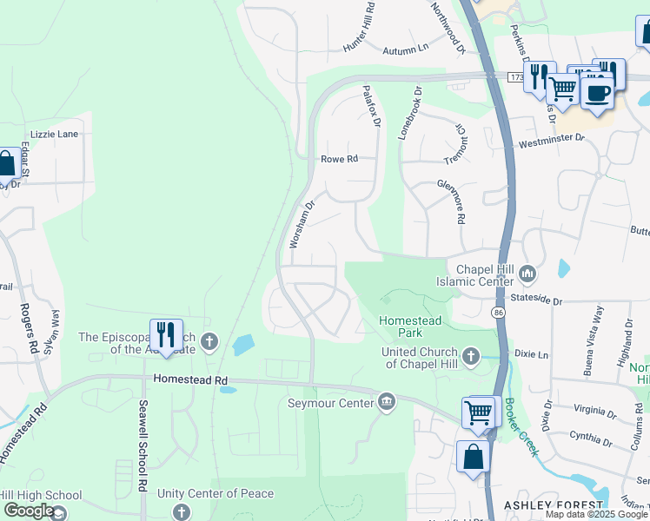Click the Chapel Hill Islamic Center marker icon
(527, 275)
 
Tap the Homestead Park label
(410, 327)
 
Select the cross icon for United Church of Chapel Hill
(470, 356)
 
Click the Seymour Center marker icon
(387, 401)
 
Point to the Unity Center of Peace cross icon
(181, 512)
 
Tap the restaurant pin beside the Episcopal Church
(166, 334)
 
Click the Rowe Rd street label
(339, 159)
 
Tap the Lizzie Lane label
(54, 135)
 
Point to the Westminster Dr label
(551, 140)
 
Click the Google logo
(29, 511)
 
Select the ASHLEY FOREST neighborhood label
(553, 505)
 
